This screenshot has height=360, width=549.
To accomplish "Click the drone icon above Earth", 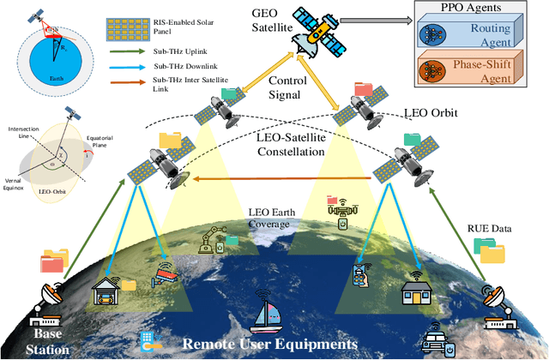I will point(339,206).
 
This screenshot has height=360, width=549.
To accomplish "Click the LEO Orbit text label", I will point(431,112).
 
